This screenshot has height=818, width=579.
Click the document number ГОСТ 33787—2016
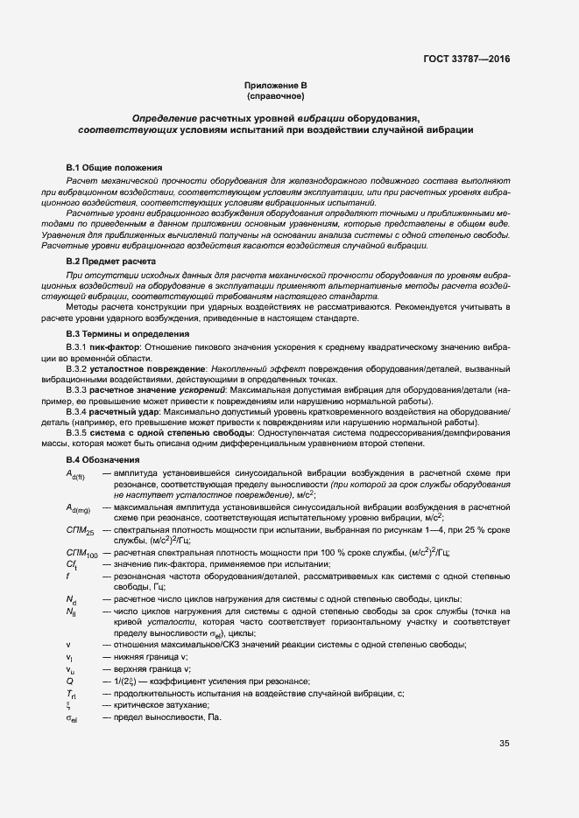click(x=467, y=59)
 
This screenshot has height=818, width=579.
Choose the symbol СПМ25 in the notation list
click(x=80, y=531)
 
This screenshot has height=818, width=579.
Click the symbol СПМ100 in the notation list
click(x=81, y=553)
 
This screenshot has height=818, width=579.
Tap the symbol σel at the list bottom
click(x=74, y=718)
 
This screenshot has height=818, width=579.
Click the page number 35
click(x=505, y=745)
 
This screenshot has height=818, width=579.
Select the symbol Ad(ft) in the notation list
click(x=75, y=474)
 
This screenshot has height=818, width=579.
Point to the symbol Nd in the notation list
click(x=72, y=598)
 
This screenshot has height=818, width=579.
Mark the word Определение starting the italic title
click(x=164, y=117)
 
